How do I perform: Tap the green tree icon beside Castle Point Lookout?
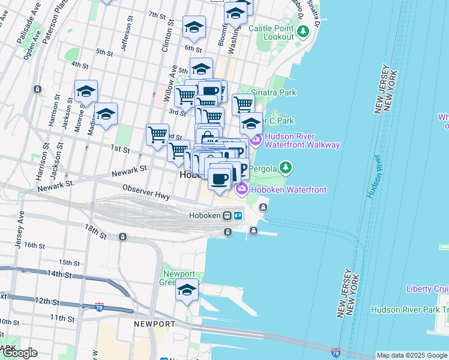(304, 30)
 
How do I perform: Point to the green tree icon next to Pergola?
(286, 166)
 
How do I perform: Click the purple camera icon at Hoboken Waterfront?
(242, 190)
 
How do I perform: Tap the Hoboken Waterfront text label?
(289, 190)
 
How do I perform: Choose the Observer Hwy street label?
(146, 191)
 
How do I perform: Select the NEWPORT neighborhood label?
(154, 324)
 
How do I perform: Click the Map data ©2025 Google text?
(412, 355)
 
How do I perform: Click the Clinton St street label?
(170, 36)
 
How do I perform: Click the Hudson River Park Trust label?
(409, 310)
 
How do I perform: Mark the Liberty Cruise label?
(427, 289)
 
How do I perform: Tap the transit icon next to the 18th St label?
(122, 237)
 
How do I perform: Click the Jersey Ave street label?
(19, 229)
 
